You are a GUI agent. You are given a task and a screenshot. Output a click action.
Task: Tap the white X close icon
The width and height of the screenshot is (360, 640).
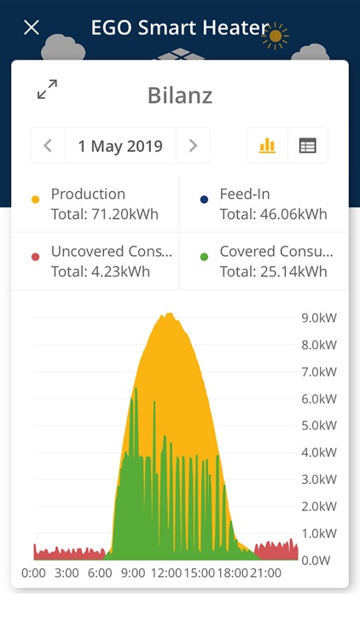32,27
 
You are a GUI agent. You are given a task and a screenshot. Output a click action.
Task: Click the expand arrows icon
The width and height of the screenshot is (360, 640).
47,89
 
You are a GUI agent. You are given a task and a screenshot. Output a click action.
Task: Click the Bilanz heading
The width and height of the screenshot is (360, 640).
179,95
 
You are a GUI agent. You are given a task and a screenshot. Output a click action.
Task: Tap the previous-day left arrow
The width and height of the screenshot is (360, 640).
48,146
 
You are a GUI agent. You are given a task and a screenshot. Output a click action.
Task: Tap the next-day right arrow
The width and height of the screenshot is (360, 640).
193,146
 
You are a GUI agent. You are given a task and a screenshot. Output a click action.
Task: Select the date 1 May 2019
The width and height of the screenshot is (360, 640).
120,146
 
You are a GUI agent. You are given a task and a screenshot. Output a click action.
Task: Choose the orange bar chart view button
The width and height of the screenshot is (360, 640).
267,146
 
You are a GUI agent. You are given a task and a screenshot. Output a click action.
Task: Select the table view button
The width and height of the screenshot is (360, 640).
307,146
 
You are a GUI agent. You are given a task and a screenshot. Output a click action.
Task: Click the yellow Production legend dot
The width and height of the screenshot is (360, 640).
35,199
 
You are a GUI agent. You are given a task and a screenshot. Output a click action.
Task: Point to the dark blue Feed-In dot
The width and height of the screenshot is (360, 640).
204,199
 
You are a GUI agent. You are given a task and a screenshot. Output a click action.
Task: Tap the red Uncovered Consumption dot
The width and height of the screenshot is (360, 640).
35,257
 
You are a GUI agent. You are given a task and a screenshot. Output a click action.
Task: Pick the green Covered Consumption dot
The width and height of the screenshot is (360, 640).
204,257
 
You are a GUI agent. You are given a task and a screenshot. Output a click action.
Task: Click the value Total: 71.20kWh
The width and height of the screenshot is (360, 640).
104,214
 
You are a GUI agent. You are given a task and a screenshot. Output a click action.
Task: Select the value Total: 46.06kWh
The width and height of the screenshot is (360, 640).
273,214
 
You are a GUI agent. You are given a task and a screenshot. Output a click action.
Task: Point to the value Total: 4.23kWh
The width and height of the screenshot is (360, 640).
100,272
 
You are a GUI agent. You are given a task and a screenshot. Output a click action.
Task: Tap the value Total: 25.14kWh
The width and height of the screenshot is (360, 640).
273,272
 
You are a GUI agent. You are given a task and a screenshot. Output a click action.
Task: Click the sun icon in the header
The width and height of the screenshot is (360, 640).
276,35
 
